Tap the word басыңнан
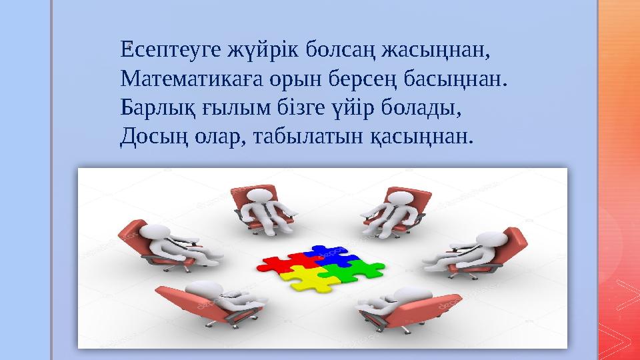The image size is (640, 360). [451, 80]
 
